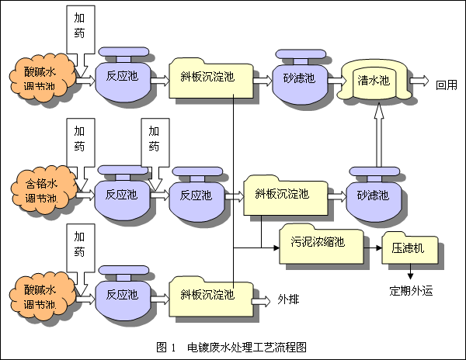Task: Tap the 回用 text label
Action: (447, 85)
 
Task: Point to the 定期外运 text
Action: (409, 292)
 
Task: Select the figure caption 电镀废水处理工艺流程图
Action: (246, 344)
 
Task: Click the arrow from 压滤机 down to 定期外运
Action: (409, 272)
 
